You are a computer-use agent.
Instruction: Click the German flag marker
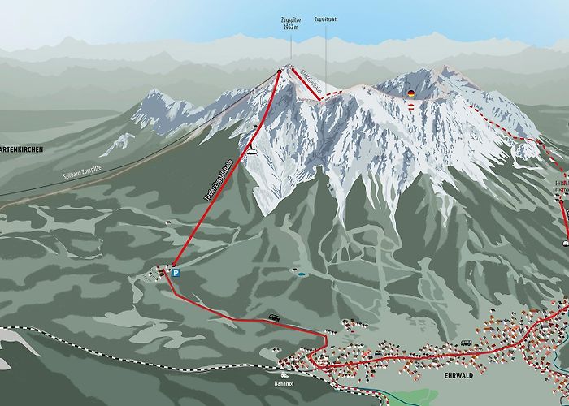coord(411,93)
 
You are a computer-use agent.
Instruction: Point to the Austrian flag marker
coord(411,107)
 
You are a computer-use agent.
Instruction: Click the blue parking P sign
coord(174,274)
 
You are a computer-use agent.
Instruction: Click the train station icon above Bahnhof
coord(284,375)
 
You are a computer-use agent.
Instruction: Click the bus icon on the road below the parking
coord(274,317)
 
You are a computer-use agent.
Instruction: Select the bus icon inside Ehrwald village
coord(467,343)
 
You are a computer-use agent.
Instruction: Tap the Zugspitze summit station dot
coord(279,72)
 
